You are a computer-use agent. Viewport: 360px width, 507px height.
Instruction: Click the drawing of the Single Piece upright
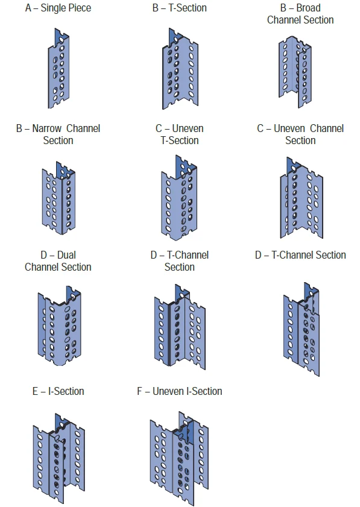point(58,69)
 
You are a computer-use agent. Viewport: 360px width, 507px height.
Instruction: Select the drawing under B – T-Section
point(180,69)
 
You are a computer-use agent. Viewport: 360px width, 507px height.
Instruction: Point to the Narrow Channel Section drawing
point(58,198)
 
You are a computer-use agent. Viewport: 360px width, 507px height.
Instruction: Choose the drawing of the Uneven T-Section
point(179,198)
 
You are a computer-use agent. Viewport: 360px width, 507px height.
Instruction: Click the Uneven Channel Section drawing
point(302,198)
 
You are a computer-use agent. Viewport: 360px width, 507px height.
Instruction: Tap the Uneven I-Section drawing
point(179,458)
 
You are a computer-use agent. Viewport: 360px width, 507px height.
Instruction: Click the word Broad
point(308,8)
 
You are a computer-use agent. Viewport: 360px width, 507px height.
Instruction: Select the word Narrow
point(46,128)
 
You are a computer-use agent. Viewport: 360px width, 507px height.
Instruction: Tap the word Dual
point(66,255)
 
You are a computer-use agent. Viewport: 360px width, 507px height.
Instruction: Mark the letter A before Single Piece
point(28,8)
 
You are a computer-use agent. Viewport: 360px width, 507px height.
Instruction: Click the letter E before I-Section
point(35,391)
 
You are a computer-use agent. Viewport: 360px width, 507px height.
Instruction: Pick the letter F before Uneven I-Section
point(139,391)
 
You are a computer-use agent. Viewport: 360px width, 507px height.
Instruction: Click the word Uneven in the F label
point(168,391)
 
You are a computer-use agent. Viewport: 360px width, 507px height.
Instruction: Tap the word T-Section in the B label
point(188,8)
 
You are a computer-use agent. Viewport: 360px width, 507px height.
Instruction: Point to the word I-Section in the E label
point(66,391)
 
